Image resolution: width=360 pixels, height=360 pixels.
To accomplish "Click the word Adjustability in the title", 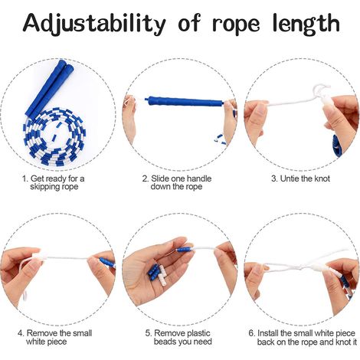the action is point(94,24).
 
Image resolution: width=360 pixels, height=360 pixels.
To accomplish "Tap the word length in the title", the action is point(306,25).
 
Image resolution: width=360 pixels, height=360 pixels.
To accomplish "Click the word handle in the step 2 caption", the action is point(198,178).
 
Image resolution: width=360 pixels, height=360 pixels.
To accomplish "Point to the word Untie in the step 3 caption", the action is point(290,178).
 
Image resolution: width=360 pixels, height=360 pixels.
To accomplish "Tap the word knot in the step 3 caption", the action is point(322,178).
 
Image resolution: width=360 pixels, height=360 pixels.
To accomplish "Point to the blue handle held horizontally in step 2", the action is point(185,102).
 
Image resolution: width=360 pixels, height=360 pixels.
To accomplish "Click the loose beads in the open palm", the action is point(157,274).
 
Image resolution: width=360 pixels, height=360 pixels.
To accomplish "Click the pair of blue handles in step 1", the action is point(50,90).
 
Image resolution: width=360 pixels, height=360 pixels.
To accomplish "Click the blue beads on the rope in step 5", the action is point(185,249).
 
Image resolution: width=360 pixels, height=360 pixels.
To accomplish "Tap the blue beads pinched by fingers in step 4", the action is point(106,263).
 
